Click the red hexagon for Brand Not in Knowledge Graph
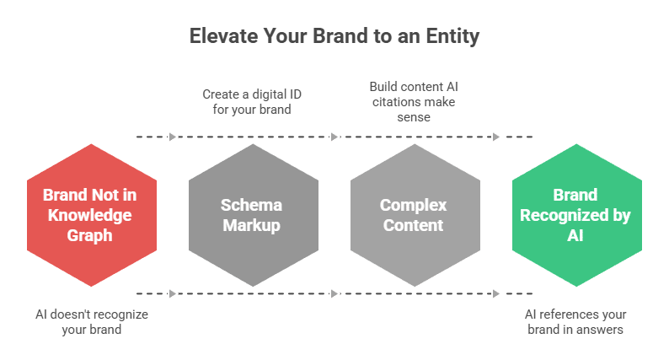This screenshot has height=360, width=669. [91, 215]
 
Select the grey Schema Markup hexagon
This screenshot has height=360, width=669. [252, 215]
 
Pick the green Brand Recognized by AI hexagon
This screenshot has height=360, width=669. [575, 215]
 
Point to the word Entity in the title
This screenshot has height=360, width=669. [455, 36]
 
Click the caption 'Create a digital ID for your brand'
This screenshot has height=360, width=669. [252, 101]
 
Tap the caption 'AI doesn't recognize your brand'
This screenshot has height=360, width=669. [91, 321]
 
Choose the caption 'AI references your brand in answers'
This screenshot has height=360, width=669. [575, 321]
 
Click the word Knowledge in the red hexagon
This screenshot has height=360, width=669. [91, 215]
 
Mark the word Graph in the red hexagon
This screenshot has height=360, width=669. [91, 235]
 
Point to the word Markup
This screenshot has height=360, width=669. [252, 225]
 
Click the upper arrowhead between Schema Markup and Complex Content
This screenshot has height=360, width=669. [334, 137]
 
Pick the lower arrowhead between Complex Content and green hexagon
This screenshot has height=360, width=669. [496, 293]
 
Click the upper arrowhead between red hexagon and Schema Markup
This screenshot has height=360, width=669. [173, 137]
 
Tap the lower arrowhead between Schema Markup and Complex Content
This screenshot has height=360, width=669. [334, 293]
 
